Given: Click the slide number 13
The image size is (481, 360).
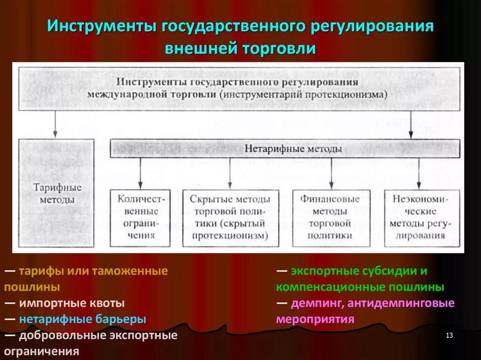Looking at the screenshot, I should coord(449,335).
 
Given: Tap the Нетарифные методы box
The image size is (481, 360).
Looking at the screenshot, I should coord(285,148).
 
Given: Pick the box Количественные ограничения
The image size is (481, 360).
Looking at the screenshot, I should coord(140,217).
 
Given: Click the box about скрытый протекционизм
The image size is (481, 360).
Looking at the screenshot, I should coord(230,217).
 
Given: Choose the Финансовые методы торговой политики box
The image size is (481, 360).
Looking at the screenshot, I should coord(331,217).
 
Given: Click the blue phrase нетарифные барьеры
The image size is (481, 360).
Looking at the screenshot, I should coord(83,319).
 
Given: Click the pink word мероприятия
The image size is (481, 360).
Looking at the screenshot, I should coord(315,319).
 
